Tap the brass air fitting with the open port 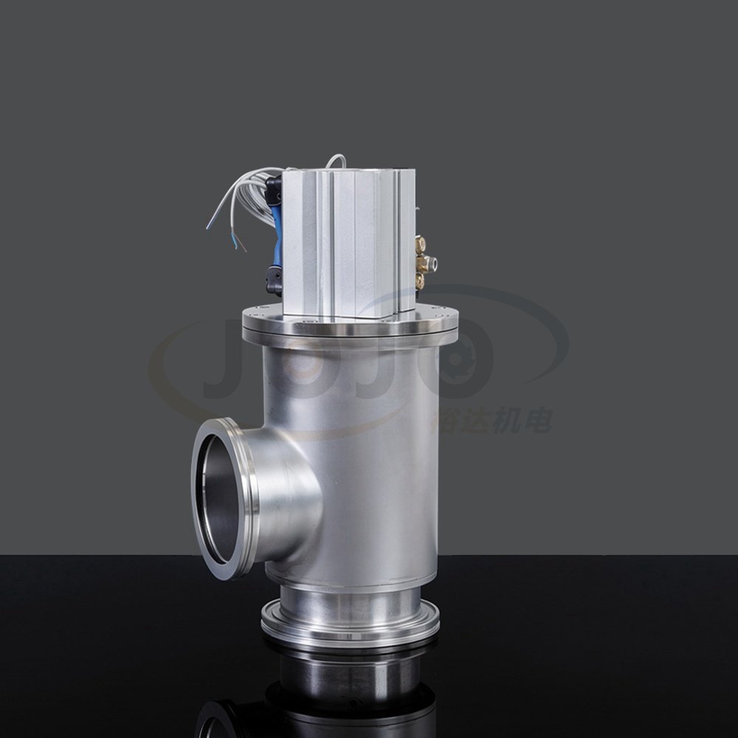click(429, 261)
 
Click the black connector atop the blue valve click(274, 188)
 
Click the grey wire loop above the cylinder click(337, 159)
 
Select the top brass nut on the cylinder click(421, 244)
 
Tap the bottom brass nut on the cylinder click(420, 280)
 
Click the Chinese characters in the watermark click(491, 421)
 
